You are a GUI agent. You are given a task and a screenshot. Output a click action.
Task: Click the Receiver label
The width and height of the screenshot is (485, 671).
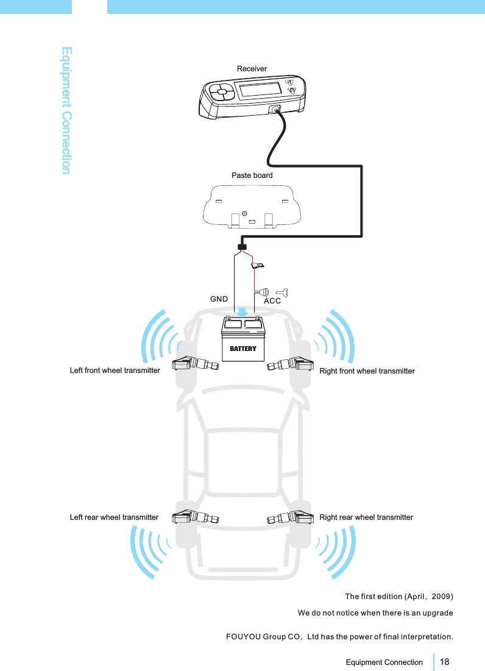point(252,69)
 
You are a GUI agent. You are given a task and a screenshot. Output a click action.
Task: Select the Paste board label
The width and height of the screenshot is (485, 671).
point(252,176)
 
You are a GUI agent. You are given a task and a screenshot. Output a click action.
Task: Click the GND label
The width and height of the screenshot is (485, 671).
point(219,300)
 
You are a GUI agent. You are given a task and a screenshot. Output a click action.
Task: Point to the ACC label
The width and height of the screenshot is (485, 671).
point(272,301)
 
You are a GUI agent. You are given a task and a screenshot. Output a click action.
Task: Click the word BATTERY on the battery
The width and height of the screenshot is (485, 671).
point(243,349)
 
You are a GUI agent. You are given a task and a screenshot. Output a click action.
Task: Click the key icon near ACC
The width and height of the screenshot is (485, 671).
point(283,291)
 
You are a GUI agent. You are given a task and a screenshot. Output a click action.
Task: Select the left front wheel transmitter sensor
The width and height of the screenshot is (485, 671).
point(195,364)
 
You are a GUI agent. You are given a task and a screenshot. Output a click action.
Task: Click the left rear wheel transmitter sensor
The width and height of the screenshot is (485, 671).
point(195,518)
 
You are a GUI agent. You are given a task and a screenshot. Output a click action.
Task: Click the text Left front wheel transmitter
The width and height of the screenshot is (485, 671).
point(115,370)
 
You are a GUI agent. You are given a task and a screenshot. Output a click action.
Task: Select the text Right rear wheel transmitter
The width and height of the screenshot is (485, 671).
point(366,517)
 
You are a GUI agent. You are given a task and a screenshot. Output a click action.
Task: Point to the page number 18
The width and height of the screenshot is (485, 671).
point(445,662)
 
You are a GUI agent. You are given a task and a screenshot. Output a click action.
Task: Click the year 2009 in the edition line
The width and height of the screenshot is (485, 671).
point(440,595)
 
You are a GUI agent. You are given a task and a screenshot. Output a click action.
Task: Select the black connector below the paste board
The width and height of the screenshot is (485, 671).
point(241,246)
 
